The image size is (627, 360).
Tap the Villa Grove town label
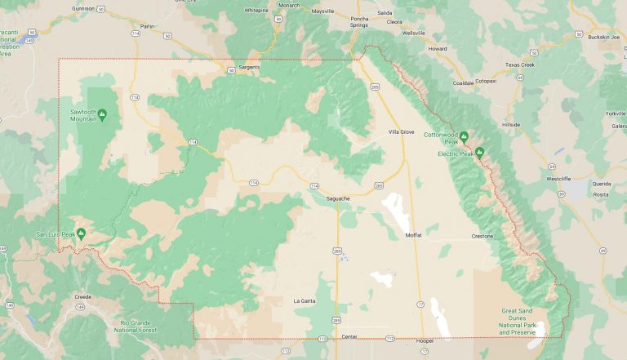pos(402,131)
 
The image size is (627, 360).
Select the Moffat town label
pos(414,235)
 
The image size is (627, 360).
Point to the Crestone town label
pos(482,236)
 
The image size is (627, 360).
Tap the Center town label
pos(350,336)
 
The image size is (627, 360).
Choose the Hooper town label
pos(425,340)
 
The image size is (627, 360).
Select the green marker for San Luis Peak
pos(81,233)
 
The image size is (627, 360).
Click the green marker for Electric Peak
pos(480,151)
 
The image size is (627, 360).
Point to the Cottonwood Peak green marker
pos(464,136)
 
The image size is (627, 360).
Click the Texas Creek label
pos(519,64)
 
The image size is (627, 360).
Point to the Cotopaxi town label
pos(487,81)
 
